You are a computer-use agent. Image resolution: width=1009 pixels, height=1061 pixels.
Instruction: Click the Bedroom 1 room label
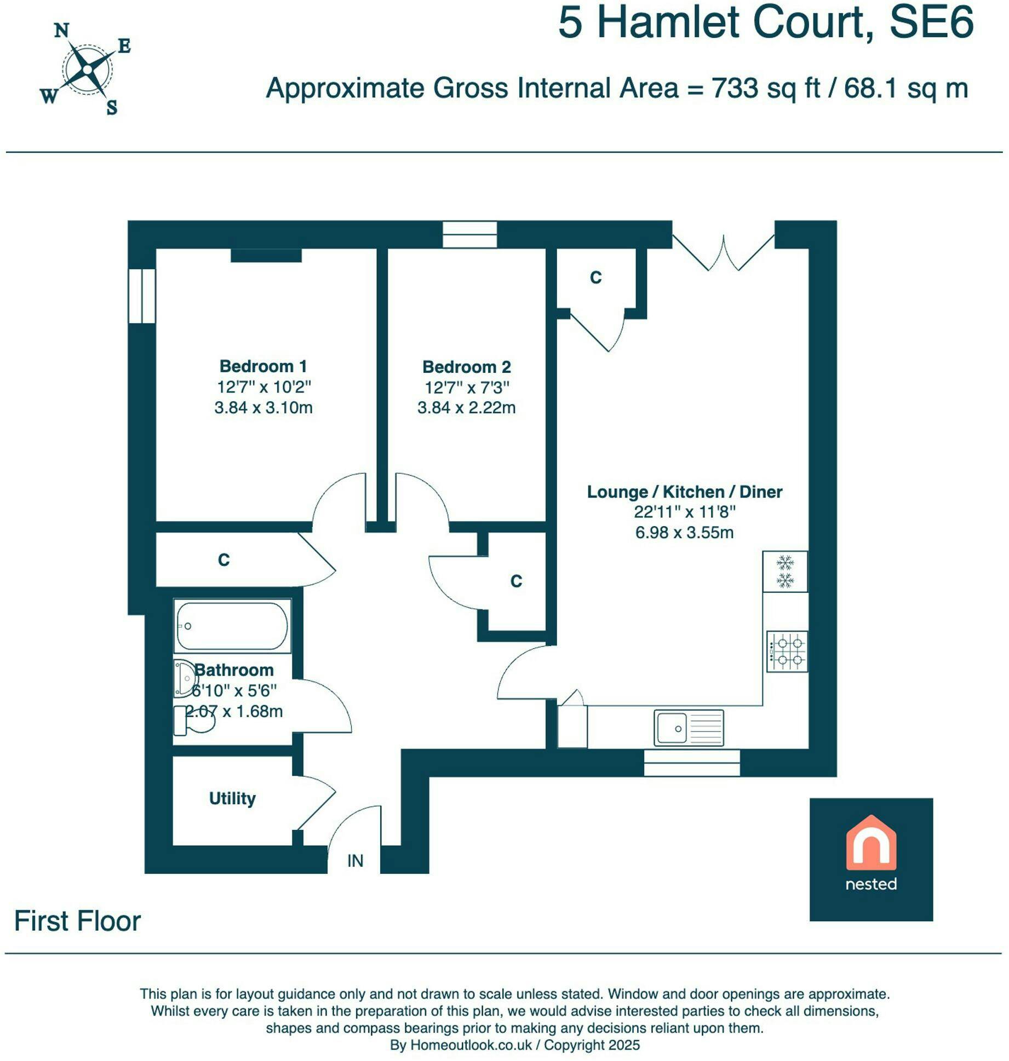pyautogui.click(x=263, y=366)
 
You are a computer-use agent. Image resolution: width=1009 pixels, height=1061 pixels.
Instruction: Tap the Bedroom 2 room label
pyautogui.click(x=467, y=366)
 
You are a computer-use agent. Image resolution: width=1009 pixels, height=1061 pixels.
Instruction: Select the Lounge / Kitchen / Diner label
pyautogui.click(x=685, y=492)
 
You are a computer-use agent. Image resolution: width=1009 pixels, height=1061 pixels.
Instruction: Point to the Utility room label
pyautogui.click(x=232, y=798)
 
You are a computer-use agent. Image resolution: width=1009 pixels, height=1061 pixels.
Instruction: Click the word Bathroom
pyautogui.click(x=234, y=670)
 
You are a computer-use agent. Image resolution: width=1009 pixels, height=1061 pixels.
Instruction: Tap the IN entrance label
pyautogui.click(x=355, y=861)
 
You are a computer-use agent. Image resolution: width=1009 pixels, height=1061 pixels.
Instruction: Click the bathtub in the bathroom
pyautogui.click(x=232, y=626)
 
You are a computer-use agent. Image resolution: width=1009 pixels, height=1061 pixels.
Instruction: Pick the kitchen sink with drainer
pyautogui.click(x=689, y=728)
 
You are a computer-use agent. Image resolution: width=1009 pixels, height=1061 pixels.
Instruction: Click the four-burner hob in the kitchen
pyautogui.click(x=787, y=651)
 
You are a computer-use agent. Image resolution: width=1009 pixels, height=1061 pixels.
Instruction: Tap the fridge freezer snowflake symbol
pyautogui.click(x=785, y=571)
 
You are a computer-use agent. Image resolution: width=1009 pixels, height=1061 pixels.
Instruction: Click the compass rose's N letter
pyautogui.click(x=62, y=31)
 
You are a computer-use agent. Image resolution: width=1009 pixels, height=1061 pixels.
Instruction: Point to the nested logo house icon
pyautogui.click(x=871, y=843)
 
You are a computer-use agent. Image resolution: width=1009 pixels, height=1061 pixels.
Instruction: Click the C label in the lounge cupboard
pyautogui.click(x=595, y=278)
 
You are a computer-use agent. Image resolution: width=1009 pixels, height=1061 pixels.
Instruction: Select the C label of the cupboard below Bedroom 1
pyautogui.click(x=223, y=560)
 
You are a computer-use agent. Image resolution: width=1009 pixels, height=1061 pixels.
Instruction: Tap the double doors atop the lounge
pyautogui.click(x=723, y=252)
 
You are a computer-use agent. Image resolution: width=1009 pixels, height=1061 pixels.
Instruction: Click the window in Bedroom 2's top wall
pyautogui.click(x=469, y=235)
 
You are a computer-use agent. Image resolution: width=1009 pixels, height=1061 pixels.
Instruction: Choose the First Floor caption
pyautogui.click(x=77, y=921)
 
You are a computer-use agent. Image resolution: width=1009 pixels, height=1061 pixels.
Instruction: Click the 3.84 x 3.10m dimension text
pyautogui.click(x=263, y=407)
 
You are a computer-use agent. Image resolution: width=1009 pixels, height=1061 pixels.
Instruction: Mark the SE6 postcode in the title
pyautogui.click(x=931, y=22)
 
